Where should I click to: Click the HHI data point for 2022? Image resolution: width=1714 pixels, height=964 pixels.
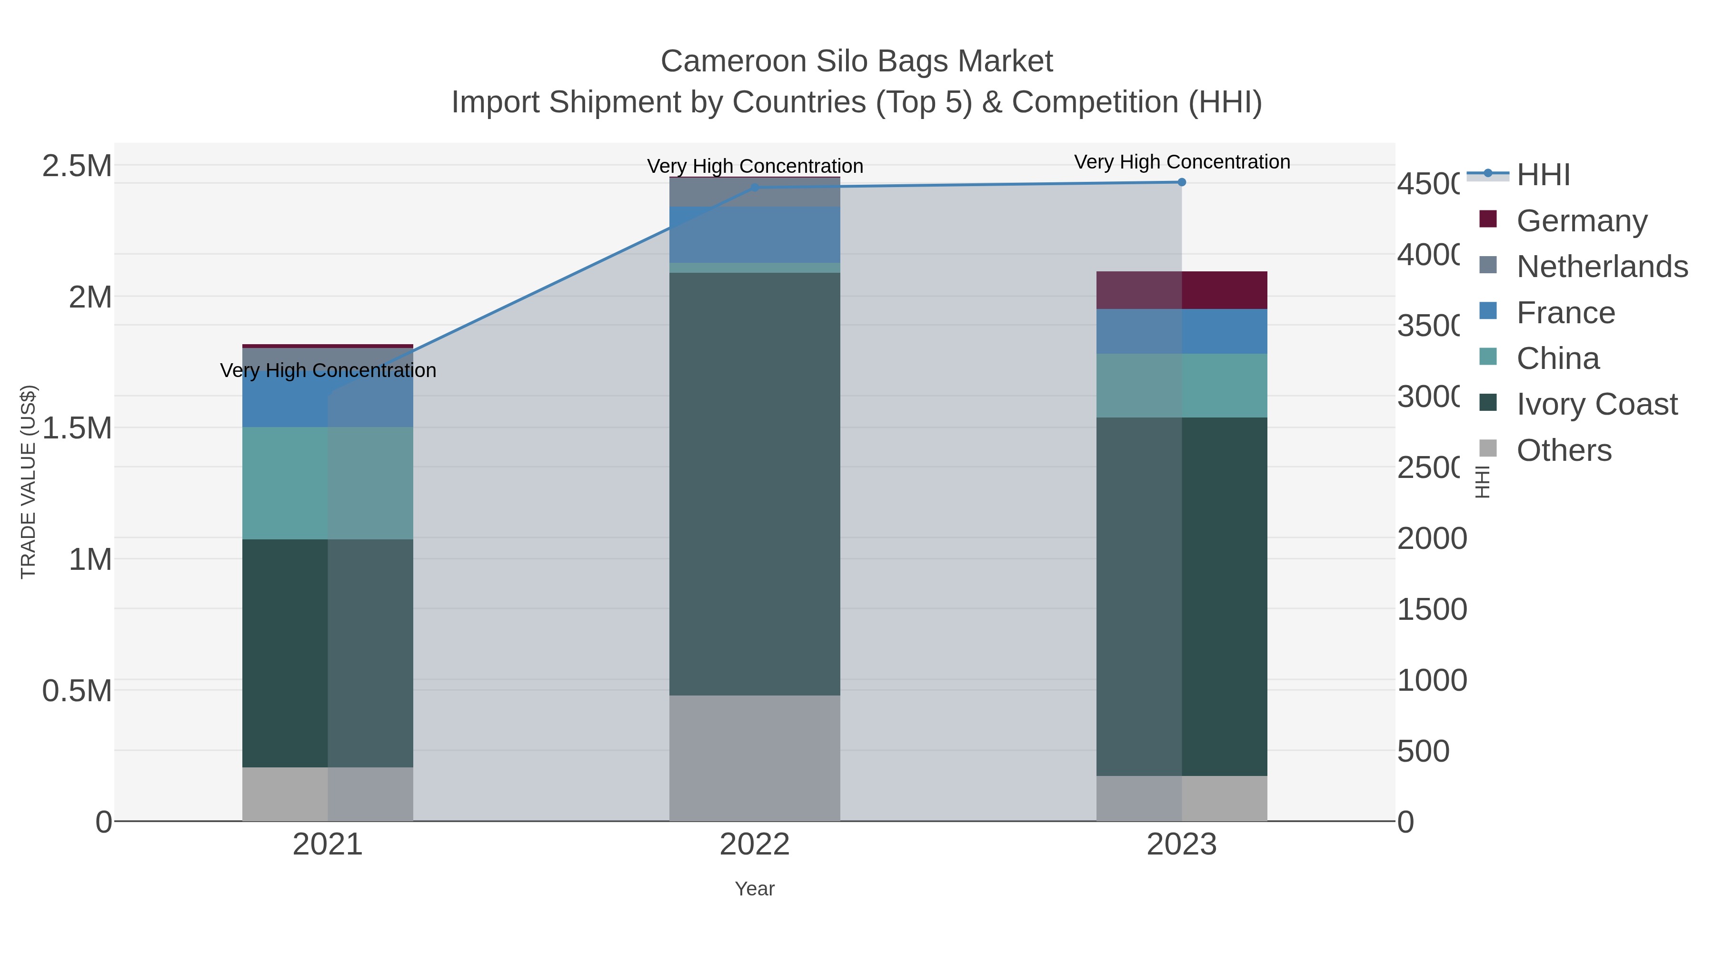tap(755, 188)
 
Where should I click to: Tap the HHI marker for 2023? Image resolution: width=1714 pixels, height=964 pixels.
tap(1182, 182)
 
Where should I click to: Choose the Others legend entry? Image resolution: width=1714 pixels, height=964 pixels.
tap(1563, 450)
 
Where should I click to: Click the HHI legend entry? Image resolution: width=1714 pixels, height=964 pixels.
tap(1542, 175)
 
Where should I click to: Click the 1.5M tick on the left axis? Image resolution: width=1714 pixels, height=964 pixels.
tap(77, 428)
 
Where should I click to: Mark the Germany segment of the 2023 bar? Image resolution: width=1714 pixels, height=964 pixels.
tap(1182, 290)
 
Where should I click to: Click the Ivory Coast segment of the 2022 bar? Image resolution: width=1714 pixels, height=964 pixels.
tap(755, 484)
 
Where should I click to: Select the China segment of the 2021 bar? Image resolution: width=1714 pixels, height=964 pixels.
tap(328, 483)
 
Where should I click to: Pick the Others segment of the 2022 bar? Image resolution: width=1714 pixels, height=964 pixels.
tap(755, 758)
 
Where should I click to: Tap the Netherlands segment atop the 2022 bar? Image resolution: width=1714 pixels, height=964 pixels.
tap(755, 192)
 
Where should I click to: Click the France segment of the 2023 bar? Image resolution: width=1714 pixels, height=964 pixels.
tap(1182, 331)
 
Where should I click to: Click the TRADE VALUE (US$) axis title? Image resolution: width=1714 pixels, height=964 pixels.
tap(29, 482)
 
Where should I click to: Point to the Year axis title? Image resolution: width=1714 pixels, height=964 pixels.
tap(755, 889)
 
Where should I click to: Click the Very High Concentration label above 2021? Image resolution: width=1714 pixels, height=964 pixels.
tap(328, 370)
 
